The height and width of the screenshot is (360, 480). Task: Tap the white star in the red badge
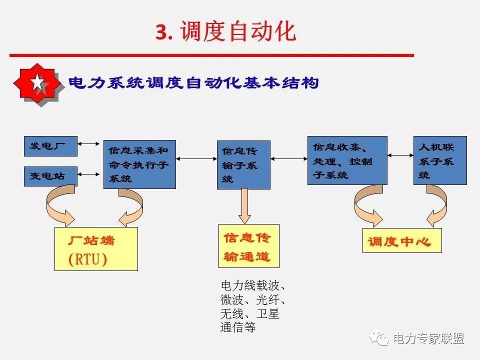point(38,83)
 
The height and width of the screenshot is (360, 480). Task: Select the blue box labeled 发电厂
point(50,146)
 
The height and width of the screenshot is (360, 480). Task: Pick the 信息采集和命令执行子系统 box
point(139,164)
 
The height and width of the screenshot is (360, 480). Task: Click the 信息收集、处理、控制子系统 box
point(347,160)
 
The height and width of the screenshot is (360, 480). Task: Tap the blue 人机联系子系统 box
point(440,160)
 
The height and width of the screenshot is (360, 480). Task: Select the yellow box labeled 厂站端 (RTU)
point(96,249)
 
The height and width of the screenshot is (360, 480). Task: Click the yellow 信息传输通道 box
point(248,246)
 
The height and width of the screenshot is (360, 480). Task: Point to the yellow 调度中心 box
point(402,241)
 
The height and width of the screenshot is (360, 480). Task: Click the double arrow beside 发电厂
point(90,144)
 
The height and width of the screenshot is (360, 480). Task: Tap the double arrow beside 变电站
point(90,174)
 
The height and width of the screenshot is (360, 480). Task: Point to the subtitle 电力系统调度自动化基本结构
point(193,82)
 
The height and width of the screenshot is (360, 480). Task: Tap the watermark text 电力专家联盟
point(428,339)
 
